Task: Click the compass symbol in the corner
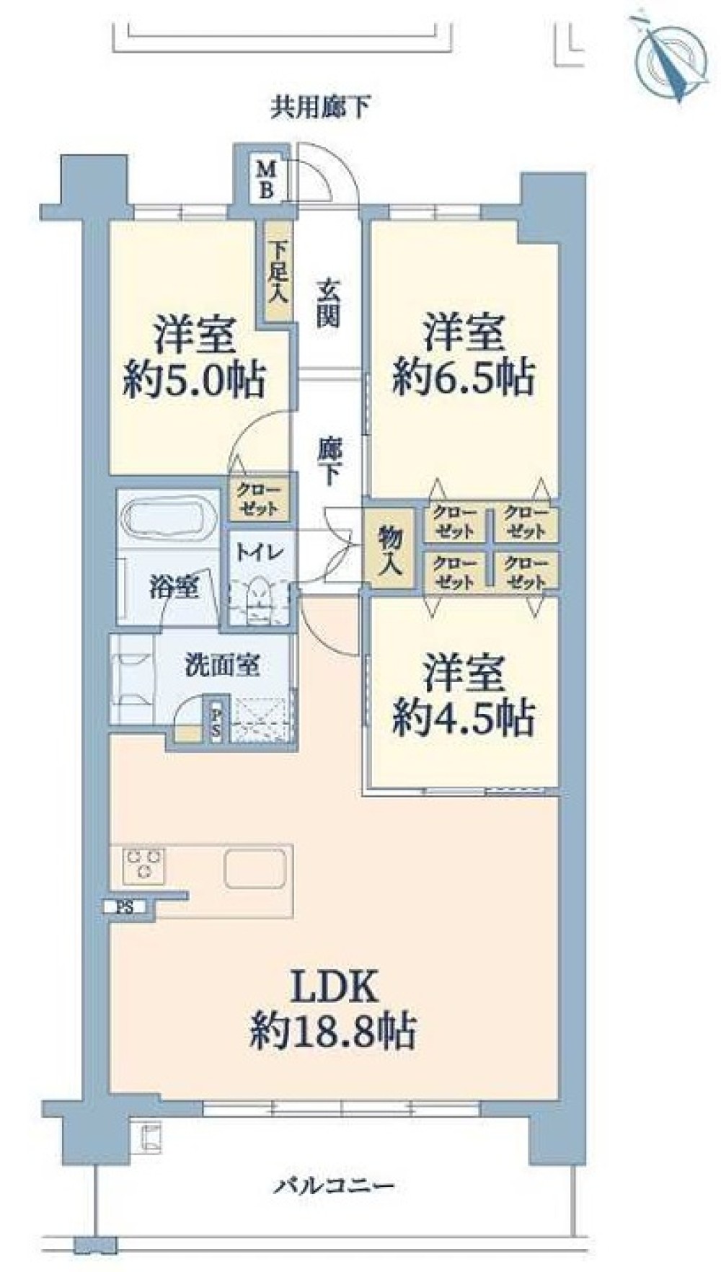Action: click(x=671, y=58)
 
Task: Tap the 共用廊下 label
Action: click(x=321, y=109)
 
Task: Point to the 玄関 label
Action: click(x=328, y=303)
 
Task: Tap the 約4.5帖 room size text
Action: click(x=464, y=717)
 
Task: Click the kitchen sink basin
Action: click(x=255, y=868)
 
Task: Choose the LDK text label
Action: click(x=334, y=987)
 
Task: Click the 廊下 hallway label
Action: click(x=328, y=462)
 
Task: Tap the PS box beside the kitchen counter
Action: click(x=125, y=907)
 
